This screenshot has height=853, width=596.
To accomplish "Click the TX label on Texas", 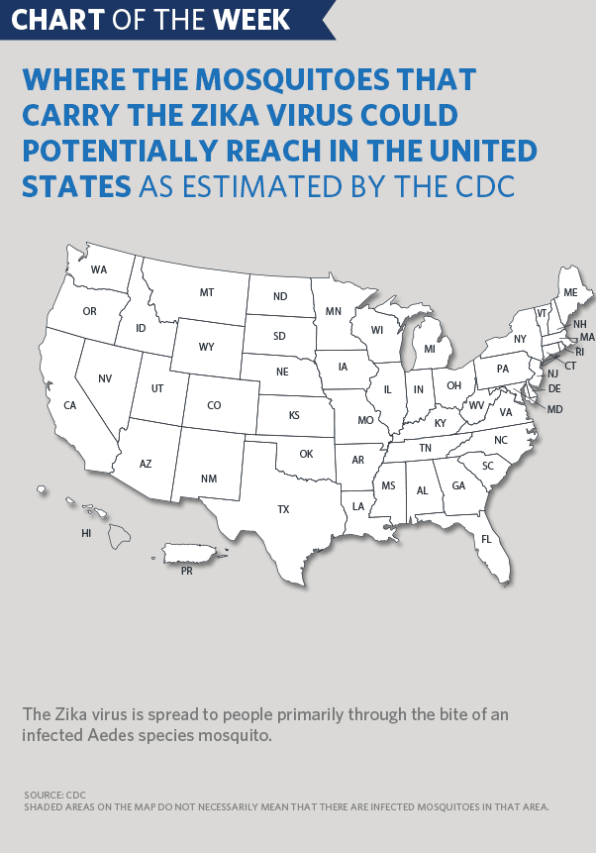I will click(283, 509).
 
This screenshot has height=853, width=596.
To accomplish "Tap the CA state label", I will click(70, 405).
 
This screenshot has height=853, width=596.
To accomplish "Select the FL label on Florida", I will click(486, 539).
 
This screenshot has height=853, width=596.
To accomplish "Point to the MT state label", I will click(207, 292).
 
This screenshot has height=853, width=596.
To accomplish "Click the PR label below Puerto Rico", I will click(186, 571).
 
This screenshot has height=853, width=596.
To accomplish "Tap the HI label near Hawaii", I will click(86, 533).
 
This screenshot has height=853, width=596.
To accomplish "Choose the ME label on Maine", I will click(570, 292).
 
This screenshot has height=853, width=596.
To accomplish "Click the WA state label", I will click(99, 269).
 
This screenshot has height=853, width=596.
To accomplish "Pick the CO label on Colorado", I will click(215, 405).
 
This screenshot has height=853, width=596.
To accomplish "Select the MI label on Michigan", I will click(430, 349).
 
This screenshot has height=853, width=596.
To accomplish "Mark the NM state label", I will click(208, 480).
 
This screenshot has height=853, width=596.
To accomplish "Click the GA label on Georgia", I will click(458, 486).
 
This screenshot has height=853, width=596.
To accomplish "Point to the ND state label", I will click(280, 296).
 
